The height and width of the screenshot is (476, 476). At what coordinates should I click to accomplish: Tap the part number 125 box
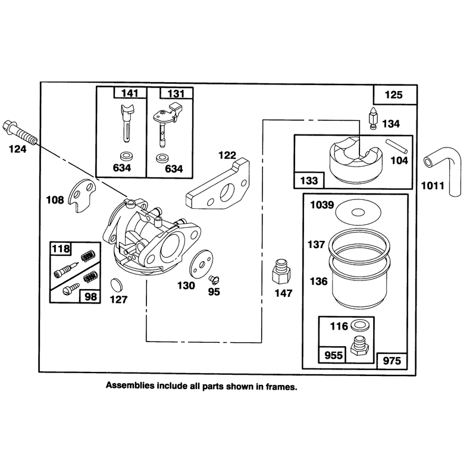click(394, 95)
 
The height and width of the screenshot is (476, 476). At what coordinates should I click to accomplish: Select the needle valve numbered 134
click(373, 118)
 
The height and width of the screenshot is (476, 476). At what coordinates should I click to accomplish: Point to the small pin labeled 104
click(396, 146)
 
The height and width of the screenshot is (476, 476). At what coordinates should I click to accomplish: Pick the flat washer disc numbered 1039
click(358, 212)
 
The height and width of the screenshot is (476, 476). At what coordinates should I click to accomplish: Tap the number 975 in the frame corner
click(392, 361)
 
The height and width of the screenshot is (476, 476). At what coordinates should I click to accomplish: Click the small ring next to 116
click(360, 325)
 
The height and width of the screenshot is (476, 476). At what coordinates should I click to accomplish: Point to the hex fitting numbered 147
click(281, 271)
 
